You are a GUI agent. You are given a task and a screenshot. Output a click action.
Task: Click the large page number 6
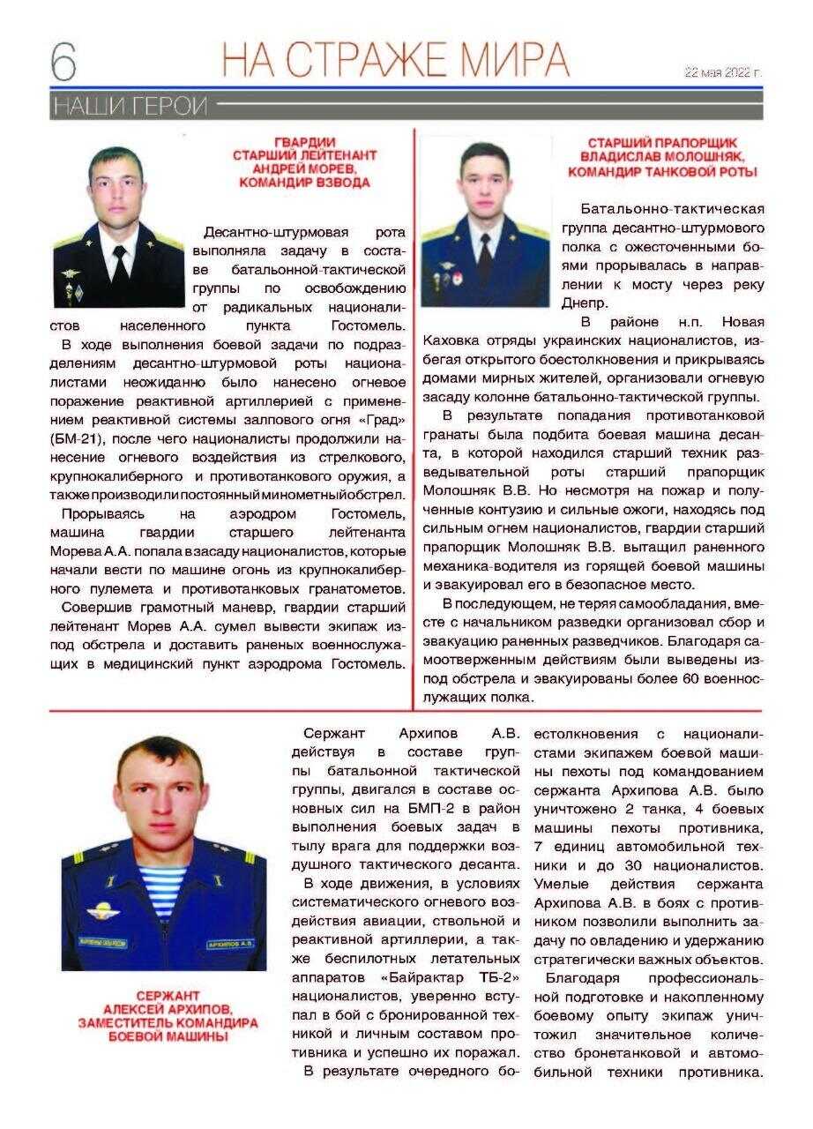[63, 59]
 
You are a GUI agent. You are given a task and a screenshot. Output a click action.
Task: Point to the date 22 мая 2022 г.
[722, 73]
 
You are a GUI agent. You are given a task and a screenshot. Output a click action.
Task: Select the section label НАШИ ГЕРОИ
[130, 107]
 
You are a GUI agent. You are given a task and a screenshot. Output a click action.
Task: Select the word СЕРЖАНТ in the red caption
[168, 996]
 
